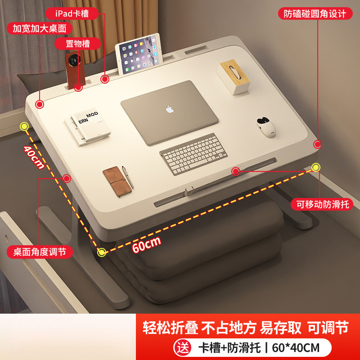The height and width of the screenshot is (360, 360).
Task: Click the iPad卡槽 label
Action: [72, 13]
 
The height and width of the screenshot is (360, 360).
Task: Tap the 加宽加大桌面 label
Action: [39, 28]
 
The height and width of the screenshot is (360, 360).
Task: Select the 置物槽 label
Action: [72, 44]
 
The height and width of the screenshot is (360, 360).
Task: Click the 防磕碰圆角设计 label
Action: [315, 13]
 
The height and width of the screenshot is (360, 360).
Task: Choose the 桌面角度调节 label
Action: [40, 251]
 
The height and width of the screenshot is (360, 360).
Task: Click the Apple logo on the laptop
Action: [169, 109]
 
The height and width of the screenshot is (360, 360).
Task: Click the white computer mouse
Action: [265, 126]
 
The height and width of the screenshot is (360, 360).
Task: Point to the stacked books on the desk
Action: [88, 126]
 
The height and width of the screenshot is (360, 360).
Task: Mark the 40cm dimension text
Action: [34, 157]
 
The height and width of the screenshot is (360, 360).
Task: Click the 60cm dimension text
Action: [147, 244]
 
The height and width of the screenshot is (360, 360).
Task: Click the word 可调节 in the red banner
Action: [328, 328]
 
